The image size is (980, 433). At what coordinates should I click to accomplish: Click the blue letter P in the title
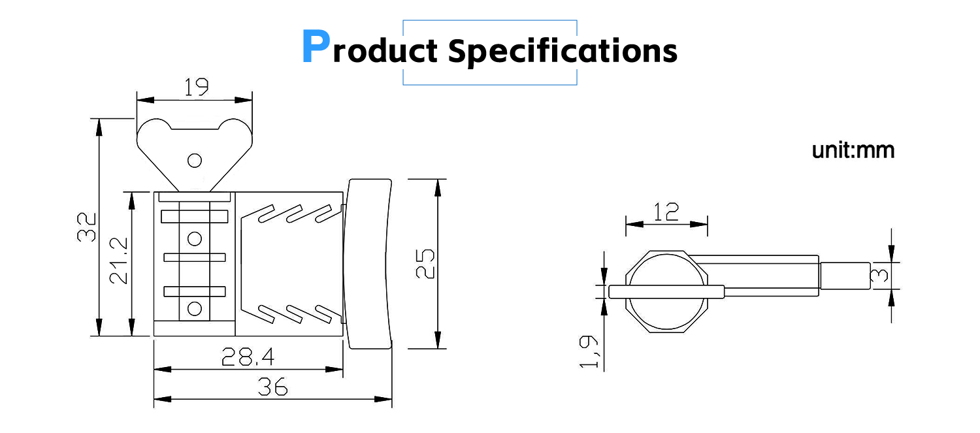[x=316, y=46]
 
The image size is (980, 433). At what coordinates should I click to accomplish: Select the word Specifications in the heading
[x=563, y=52]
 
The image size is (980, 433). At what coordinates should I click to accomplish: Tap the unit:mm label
[x=853, y=150]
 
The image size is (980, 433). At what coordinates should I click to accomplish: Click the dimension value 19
[x=197, y=87]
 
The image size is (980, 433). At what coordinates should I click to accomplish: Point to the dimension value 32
[x=87, y=227]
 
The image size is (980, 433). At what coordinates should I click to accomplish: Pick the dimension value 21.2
[x=118, y=261]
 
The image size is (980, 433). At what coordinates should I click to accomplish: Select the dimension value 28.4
[x=248, y=357]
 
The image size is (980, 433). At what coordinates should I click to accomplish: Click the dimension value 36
[x=272, y=387]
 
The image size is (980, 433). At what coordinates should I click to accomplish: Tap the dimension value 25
[x=425, y=264]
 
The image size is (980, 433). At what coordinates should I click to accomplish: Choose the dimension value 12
[x=666, y=212]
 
